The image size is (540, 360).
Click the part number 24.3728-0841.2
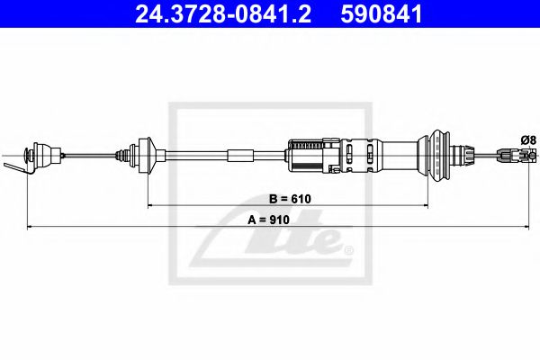tap(223, 14)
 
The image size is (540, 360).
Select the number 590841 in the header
tap(382, 14)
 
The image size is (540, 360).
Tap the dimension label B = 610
tap(290, 199)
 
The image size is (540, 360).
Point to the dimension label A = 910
tap(268, 220)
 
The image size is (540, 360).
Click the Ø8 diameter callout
tap(528, 140)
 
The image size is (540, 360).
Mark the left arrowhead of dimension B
tap(150, 206)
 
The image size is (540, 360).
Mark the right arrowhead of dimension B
tap(426, 206)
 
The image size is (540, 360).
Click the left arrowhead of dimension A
tap(30, 227)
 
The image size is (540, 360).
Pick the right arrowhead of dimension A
tap(526, 227)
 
